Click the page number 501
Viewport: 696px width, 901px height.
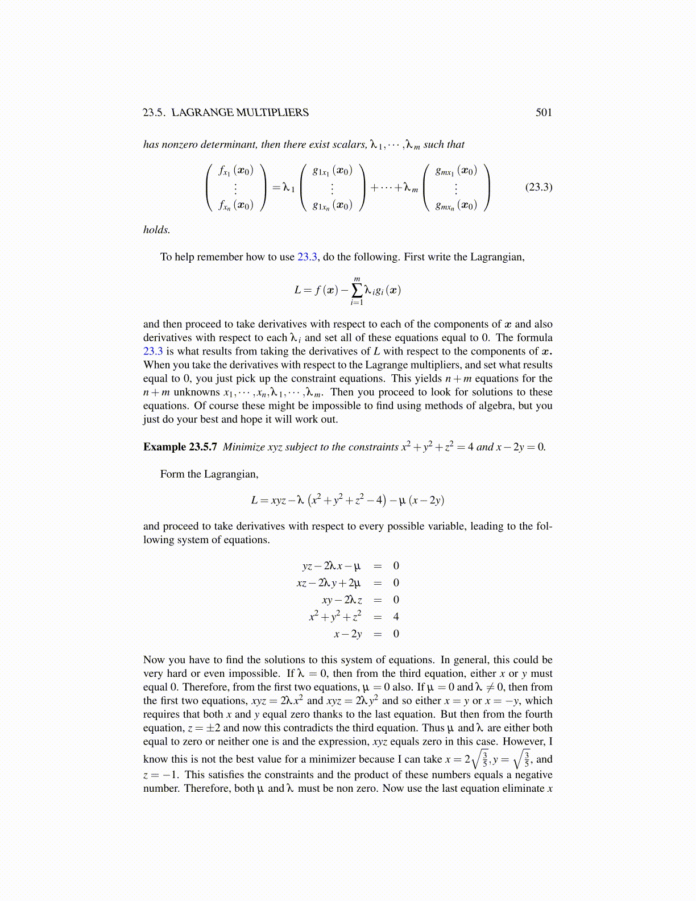(x=544, y=113)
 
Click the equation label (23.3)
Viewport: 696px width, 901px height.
(x=538, y=187)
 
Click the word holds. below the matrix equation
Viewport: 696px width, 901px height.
(x=156, y=230)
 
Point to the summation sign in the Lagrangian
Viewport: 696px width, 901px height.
(x=357, y=290)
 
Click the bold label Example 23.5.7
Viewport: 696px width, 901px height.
(x=180, y=447)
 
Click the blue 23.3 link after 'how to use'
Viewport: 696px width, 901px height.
(x=307, y=257)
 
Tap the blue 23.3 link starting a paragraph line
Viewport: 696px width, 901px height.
(x=153, y=352)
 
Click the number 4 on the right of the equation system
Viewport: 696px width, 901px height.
(x=396, y=617)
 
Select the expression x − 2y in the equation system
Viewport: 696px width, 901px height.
(x=347, y=634)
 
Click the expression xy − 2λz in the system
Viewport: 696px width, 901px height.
(x=342, y=600)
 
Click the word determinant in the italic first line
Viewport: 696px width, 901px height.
(x=231, y=144)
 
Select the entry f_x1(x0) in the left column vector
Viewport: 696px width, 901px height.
(x=235, y=170)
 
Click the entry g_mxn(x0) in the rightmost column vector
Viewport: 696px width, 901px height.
(x=456, y=205)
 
